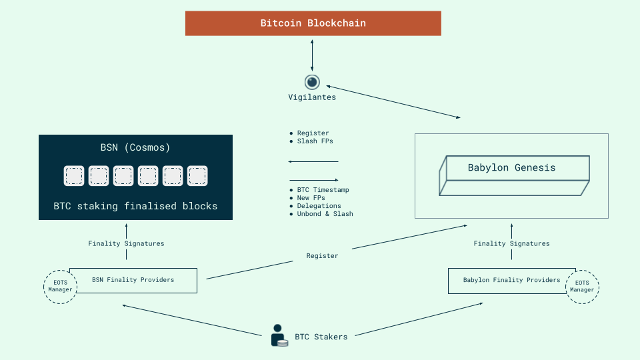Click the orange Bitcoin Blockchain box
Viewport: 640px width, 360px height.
[x=313, y=23]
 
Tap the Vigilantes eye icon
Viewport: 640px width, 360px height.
[x=313, y=82]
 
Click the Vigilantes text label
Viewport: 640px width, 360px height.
[x=312, y=97]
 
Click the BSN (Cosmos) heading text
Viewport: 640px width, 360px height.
[x=135, y=147]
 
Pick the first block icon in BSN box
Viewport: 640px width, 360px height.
[x=74, y=176]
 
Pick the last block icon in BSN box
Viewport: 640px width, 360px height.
[x=197, y=176]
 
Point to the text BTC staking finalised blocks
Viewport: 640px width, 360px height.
[x=135, y=206]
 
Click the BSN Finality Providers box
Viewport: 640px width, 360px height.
[x=133, y=280]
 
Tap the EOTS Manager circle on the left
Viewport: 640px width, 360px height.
[x=60, y=287]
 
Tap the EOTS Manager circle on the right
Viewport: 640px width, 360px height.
[x=581, y=287]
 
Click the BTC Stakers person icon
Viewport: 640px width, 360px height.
[x=279, y=335]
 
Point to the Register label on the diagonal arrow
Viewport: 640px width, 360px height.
[x=322, y=256]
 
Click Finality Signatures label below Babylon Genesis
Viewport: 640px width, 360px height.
[x=511, y=244]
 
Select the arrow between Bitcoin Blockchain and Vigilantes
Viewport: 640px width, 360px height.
[x=312, y=55]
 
